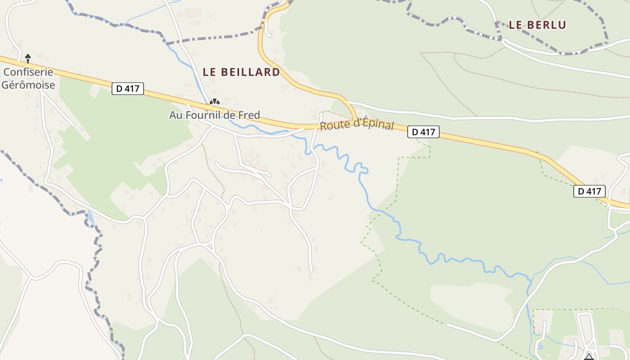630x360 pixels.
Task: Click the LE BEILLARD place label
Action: pos(241,72)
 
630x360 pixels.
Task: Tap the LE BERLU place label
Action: pos(537,25)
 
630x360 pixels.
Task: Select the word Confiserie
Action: pos(28,72)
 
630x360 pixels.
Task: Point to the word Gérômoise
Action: pos(28,85)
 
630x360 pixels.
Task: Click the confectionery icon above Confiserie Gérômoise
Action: pos(28,58)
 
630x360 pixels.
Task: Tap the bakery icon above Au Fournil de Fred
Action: pos(215,103)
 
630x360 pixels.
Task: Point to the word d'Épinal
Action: pos(372,124)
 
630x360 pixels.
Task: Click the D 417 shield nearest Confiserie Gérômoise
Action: pos(128,89)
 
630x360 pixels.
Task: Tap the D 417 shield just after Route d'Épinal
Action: pos(423,132)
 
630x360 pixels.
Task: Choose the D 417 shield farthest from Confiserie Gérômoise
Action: pos(589,191)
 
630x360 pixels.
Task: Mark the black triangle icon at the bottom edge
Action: pos(589,357)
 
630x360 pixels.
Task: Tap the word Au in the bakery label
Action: pos(175,115)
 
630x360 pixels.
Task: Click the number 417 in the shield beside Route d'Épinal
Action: pos(428,132)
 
